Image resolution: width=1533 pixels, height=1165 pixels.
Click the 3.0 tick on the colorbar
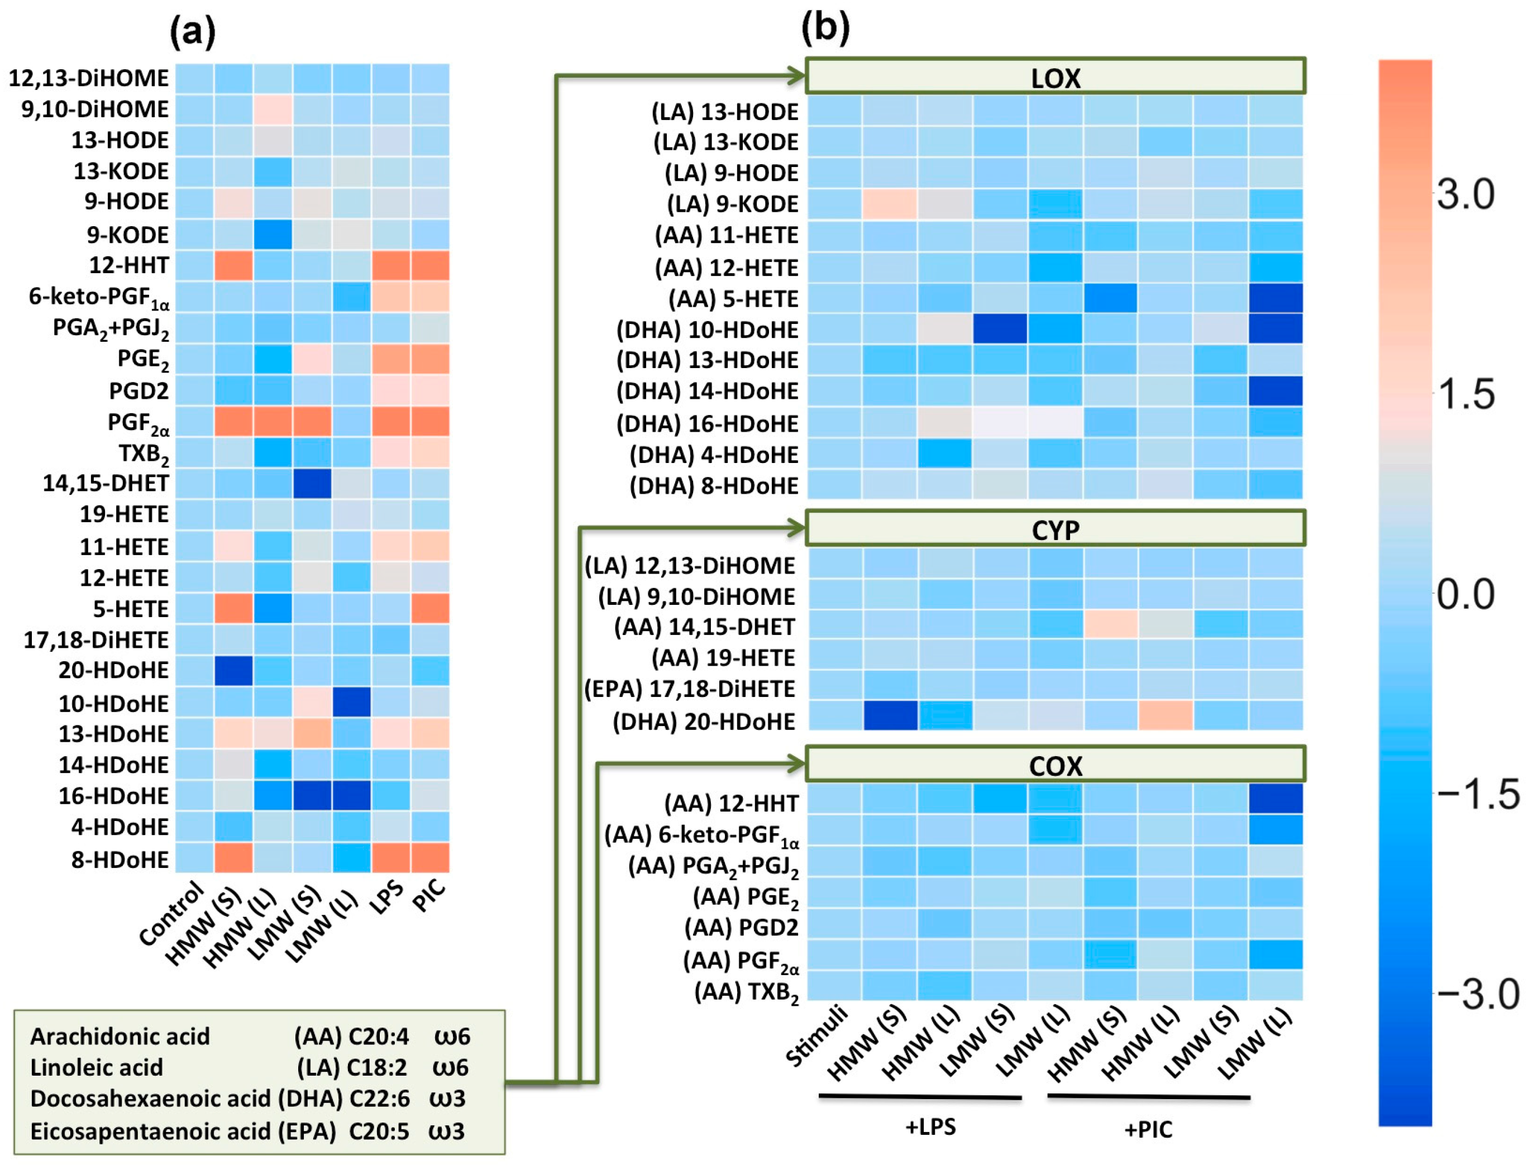[1464, 194]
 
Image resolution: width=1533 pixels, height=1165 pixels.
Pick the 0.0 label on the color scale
[1464, 594]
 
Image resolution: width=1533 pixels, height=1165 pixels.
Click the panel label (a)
[192, 32]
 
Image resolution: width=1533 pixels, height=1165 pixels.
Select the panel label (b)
[824, 28]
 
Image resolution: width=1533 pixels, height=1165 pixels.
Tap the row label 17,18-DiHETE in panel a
[97, 639]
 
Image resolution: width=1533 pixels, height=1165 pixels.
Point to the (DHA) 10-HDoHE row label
[707, 330]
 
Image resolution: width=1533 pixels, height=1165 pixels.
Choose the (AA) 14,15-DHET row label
[704, 627]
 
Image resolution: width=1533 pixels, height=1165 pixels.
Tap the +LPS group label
[930, 1127]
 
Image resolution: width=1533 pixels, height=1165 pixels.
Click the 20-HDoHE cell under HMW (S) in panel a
[233, 671]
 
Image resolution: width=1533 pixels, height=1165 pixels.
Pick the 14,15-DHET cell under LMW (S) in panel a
[312, 483]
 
